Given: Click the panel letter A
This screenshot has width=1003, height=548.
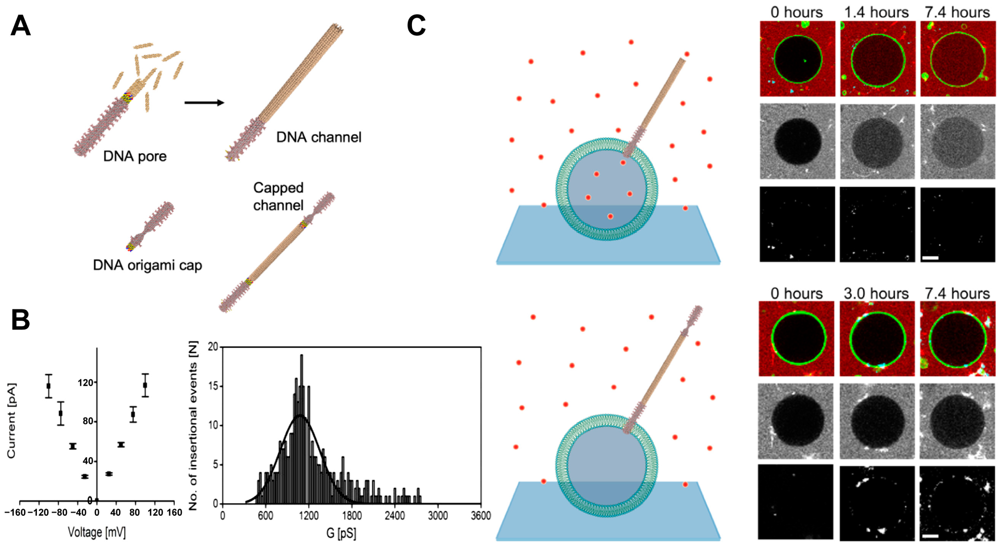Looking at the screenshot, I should point(20,26).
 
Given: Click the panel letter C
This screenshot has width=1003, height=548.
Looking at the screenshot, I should point(416,26).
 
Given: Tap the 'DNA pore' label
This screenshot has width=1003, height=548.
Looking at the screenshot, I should point(135,156).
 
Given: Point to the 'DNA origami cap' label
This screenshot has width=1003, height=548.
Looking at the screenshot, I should point(147,265).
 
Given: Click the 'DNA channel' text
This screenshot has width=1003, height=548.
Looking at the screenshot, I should point(319,137).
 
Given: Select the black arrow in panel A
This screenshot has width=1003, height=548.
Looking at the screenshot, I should point(204,103).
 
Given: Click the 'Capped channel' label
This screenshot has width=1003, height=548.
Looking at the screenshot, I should point(278,197).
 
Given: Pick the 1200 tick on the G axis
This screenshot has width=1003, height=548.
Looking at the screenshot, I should point(308,516).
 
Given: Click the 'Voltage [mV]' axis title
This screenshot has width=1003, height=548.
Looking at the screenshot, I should point(96,532).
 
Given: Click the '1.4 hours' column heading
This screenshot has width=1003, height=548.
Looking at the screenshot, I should point(876,12).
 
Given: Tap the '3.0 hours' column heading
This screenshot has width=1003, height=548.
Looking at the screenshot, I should point(876,293).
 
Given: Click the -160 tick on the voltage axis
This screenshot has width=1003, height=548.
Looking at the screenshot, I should point(15,513).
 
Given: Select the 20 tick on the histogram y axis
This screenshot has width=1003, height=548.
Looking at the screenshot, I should point(213,347).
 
